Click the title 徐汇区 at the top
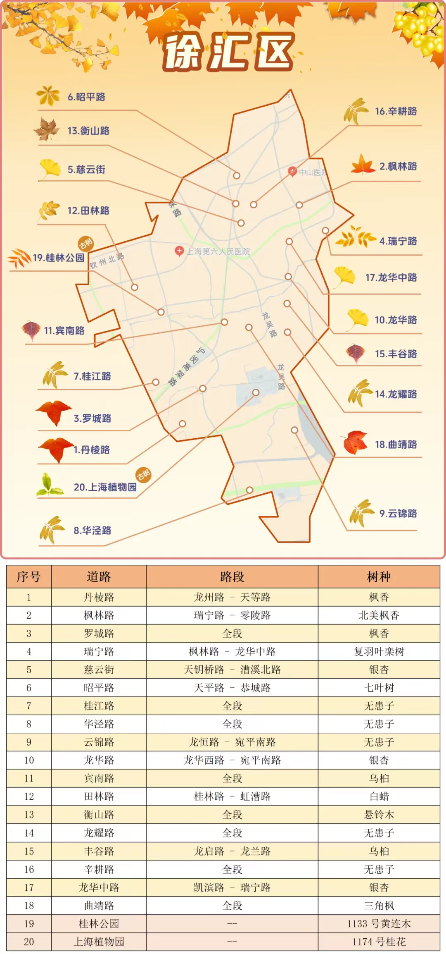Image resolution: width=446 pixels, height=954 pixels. (x=228, y=52)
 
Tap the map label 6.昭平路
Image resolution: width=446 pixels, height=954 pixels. (x=86, y=97)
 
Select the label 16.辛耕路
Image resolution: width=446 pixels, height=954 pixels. (x=396, y=111)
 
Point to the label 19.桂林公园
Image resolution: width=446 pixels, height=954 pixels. (x=58, y=258)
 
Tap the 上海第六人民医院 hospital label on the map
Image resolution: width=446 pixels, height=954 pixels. (x=218, y=251)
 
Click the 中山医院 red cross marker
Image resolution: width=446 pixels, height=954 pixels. (x=292, y=171)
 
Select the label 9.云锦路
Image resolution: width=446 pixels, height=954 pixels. (x=398, y=514)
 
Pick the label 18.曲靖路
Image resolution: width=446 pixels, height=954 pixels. (x=396, y=445)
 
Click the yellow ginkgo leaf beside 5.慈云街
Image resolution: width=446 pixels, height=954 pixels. (x=50, y=168)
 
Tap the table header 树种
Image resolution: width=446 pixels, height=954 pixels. (x=379, y=577)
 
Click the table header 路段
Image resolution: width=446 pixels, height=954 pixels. (x=232, y=577)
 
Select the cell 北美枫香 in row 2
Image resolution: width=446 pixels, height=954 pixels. (x=379, y=615)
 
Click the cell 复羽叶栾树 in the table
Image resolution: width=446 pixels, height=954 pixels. (x=379, y=652)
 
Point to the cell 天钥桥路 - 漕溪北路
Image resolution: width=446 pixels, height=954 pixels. (x=232, y=670)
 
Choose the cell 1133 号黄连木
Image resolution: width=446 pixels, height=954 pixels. (x=379, y=924)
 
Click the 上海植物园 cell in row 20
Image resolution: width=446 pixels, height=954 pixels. (x=99, y=942)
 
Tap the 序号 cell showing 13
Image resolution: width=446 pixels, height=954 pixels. (x=29, y=815)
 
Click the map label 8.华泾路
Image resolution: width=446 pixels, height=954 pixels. (x=92, y=531)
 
